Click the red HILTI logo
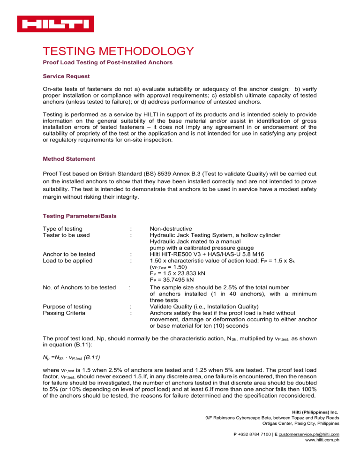point(55,23)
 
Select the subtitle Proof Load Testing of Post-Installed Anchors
point(107,62)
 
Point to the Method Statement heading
point(68,158)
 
